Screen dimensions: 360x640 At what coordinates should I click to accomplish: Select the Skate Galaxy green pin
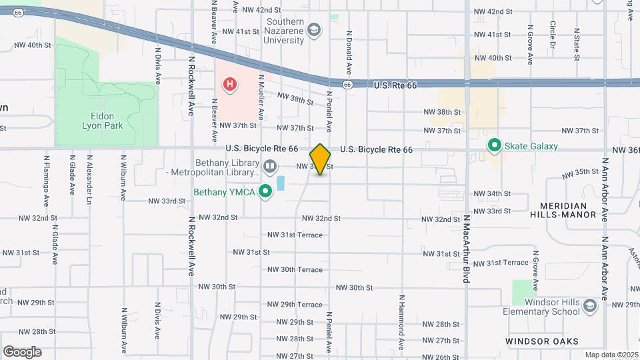point(494,145)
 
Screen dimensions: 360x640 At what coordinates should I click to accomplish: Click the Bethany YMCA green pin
point(265,192)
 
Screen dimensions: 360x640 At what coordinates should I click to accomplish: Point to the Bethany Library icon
point(270,165)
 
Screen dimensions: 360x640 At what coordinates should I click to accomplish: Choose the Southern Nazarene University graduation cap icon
point(313,30)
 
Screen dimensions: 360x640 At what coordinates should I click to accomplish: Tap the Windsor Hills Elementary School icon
point(589,306)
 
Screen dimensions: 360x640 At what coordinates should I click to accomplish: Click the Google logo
point(22,351)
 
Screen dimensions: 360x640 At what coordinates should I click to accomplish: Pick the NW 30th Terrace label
point(295,269)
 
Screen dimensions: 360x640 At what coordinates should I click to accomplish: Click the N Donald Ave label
point(348,52)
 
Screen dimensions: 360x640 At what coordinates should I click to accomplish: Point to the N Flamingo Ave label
point(46,180)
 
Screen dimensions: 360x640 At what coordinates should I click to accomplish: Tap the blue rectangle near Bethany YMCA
point(280,181)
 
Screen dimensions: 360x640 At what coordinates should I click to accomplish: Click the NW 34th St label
point(493,193)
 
